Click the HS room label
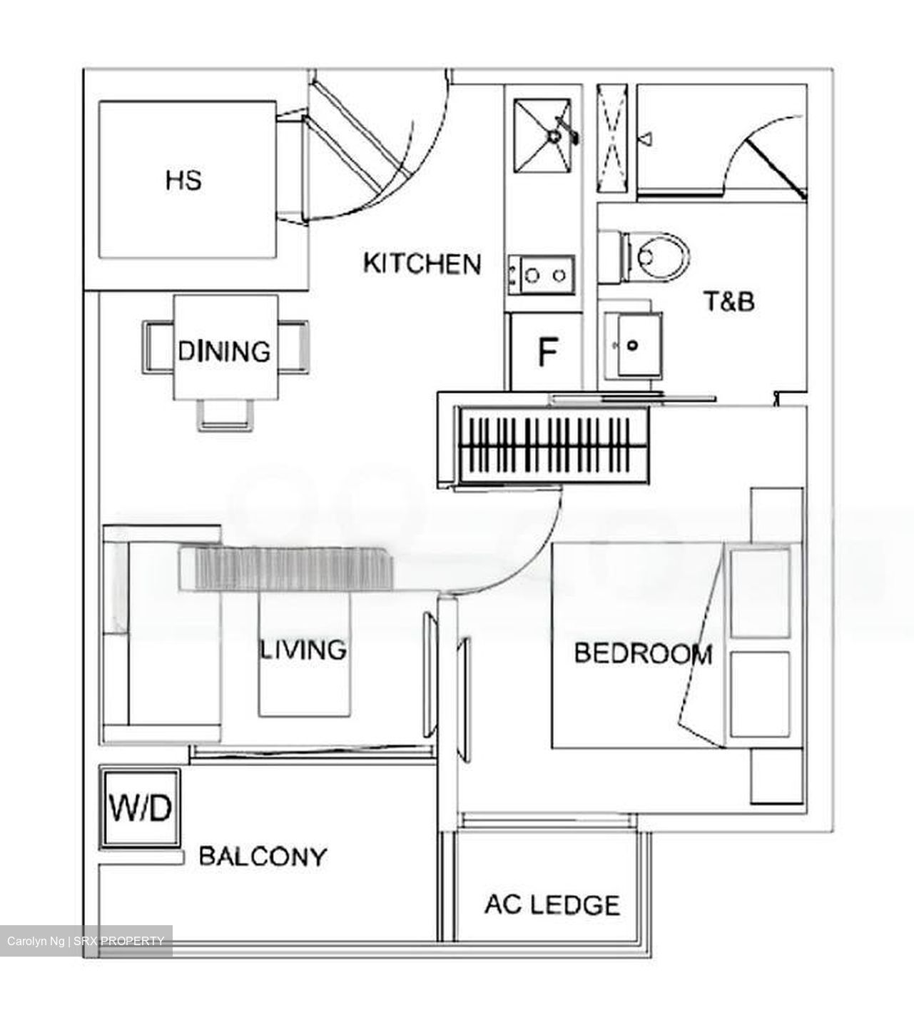[x=183, y=180]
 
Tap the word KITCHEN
[x=422, y=263]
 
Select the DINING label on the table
[x=224, y=351]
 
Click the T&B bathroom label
[x=729, y=301]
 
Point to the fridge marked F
[x=547, y=352]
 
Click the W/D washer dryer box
[x=140, y=808]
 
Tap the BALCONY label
[x=263, y=856]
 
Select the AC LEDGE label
[x=552, y=905]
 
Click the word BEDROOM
[x=643, y=653]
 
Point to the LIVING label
[x=303, y=650]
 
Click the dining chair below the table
[x=225, y=415]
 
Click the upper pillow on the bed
[x=761, y=591]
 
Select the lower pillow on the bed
[x=761, y=692]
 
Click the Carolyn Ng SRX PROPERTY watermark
[x=86, y=941]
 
